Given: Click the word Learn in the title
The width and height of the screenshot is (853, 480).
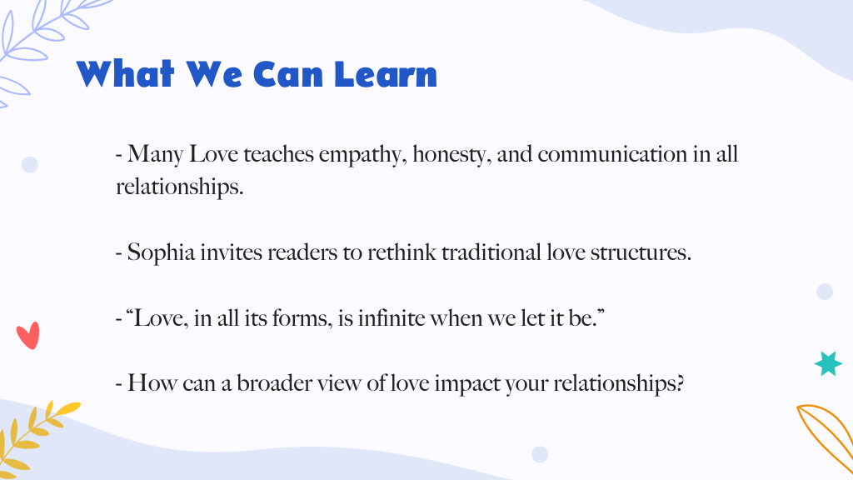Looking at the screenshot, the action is coord(386,74).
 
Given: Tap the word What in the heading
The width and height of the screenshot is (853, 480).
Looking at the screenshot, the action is coord(125,74).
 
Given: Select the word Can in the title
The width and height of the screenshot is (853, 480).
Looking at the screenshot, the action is coord(288,74).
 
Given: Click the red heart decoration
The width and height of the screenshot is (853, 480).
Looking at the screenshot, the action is coord(28,335).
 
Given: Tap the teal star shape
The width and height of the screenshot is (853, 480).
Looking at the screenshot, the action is coord(828,363).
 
